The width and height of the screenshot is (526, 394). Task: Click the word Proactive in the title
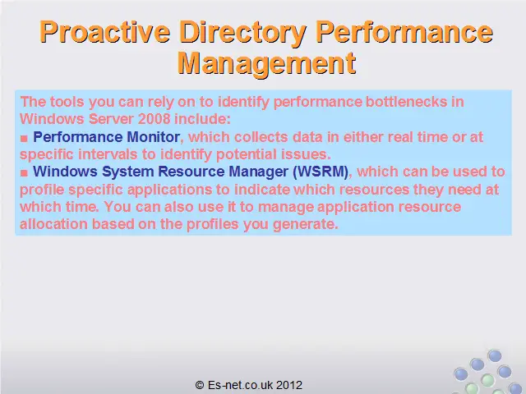coord(104,31)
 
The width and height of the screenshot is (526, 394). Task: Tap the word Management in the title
coord(266,65)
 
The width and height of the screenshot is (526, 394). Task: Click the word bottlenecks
coord(406,102)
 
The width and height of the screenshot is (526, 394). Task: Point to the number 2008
coord(155,119)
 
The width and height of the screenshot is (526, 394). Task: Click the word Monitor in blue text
coord(154,137)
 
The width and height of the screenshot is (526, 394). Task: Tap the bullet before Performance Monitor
coord(24,138)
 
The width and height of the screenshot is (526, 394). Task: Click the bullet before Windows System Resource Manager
coord(24,172)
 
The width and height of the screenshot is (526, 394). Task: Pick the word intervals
coord(108,154)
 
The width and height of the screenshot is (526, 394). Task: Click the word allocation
coord(53,224)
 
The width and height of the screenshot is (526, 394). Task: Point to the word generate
coord(306,224)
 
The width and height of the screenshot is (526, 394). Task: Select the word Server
coord(112,119)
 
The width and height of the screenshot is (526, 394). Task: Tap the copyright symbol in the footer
coord(200,385)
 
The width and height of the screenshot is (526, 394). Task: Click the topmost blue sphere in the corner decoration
coord(495,355)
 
